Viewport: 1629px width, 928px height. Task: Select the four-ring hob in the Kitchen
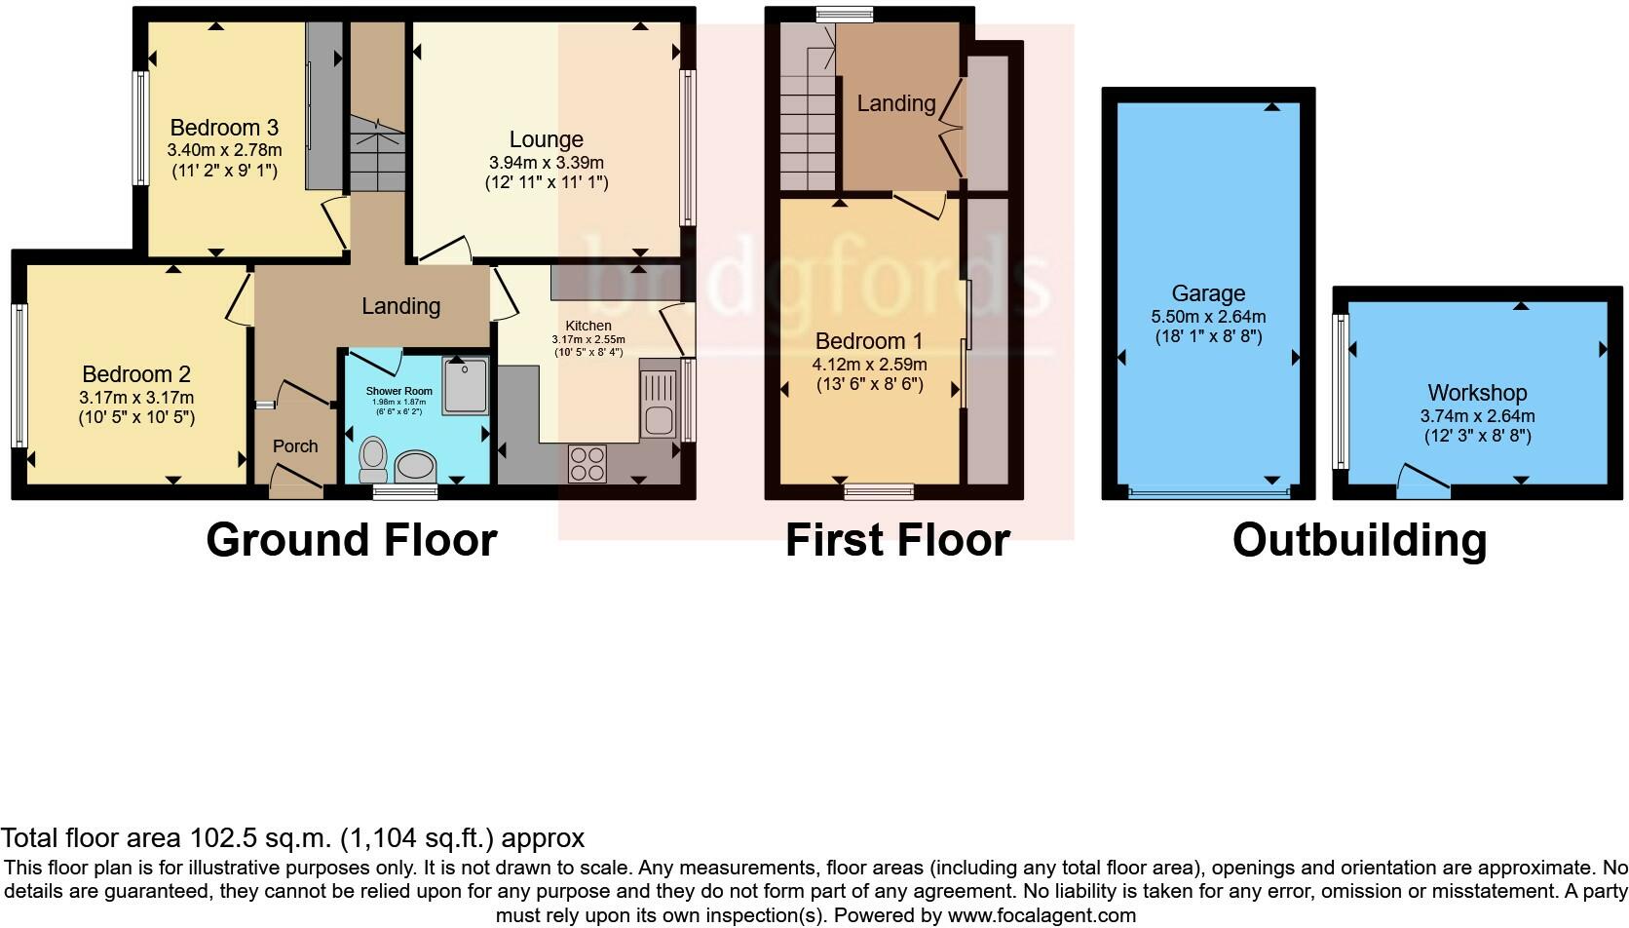[x=587, y=462]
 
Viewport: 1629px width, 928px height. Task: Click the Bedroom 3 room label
[x=224, y=128]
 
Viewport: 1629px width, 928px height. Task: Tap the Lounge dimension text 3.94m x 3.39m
[x=546, y=163]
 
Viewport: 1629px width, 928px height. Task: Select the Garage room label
[x=1208, y=293]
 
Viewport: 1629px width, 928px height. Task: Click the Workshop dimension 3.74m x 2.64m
[x=1477, y=416]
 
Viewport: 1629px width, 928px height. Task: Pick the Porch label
[x=295, y=446]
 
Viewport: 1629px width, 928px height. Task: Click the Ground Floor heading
[x=352, y=540]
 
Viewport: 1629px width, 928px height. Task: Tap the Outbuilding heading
[x=1359, y=540]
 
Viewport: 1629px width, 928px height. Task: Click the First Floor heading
[x=897, y=540]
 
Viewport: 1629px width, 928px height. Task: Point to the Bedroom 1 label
[x=869, y=341]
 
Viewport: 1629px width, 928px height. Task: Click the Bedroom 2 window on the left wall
[x=19, y=375]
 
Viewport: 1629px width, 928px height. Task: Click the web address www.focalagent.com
[x=1042, y=915]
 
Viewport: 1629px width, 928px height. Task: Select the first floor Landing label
[x=895, y=103]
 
